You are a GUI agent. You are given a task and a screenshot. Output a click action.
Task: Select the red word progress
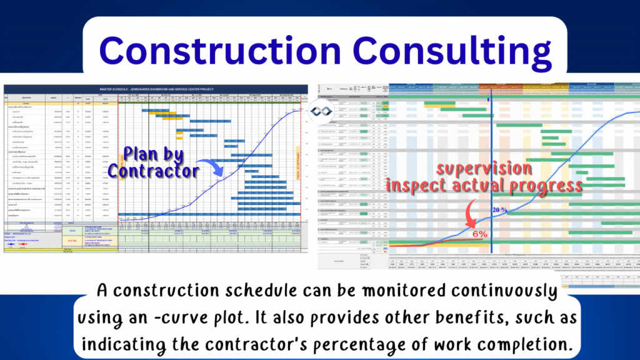coord(543,186)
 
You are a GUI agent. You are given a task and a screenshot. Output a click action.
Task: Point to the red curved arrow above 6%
coord(469,213)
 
